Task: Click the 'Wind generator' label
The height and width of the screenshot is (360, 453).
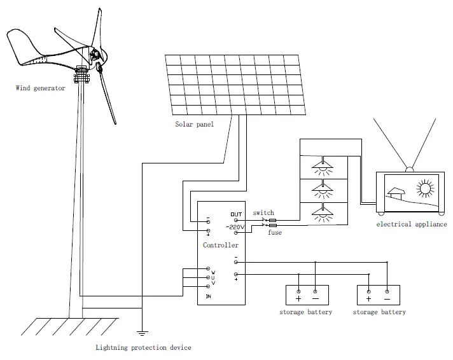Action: pos(40,88)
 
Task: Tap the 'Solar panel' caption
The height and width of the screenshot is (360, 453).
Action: pos(195,125)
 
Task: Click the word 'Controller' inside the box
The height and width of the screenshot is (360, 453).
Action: pos(221,245)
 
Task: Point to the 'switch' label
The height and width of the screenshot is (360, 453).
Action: pos(263,213)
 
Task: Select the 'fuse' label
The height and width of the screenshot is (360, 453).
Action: pos(274,233)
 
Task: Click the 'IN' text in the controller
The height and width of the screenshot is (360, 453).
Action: pos(207,296)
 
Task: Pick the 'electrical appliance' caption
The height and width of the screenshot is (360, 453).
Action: pos(411,225)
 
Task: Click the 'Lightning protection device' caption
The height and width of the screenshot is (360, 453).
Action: pos(143,348)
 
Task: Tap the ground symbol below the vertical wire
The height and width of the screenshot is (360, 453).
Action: pos(142,333)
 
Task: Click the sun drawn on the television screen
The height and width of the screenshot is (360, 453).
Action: pos(424,189)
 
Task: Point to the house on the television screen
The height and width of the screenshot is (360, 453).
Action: pos(397,192)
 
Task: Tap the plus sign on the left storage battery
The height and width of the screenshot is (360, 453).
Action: pos(298,298)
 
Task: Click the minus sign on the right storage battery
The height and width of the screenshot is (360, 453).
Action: pos(387,298)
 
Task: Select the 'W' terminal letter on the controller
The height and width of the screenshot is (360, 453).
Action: pos(213,272)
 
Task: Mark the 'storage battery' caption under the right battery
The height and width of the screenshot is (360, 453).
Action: pos(379,312)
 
